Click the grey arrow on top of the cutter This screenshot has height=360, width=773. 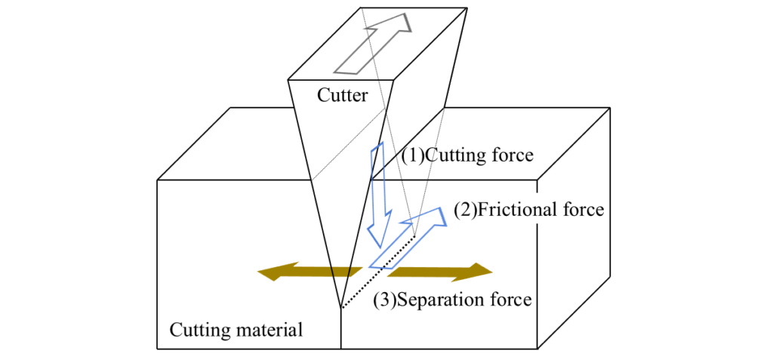[x=375, y=45]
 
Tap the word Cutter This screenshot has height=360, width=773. [x=343, y=96]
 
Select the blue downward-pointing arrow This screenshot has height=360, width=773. [x=379, y=196]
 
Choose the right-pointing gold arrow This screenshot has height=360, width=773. [x=441, y=271]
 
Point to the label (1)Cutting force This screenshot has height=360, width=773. [x=467, y=156]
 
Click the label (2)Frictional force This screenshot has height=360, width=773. [x=528, y=209]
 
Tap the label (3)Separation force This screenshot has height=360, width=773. [x=452, y=300]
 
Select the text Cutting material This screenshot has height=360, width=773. [x=236, y=330]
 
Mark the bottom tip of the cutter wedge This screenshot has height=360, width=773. [x=341, y=308]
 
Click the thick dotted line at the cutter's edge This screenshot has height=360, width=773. [x=377, y=272]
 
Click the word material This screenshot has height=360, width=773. [x=270, y=330]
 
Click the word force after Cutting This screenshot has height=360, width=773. [x=513, y=156]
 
